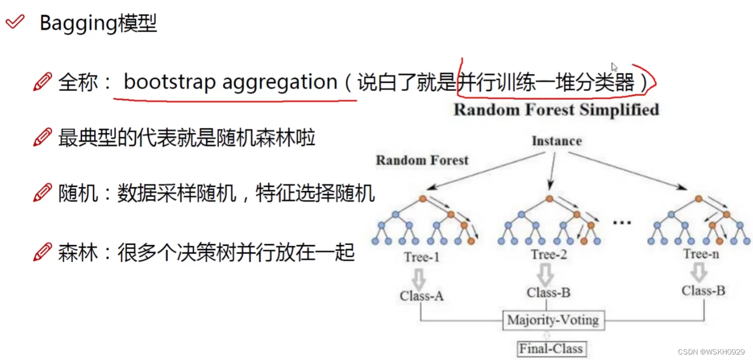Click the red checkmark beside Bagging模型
point(14,22)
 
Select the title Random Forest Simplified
point(556,109)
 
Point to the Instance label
point(556,141)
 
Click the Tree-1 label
point(422,257)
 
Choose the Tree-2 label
point(549,255)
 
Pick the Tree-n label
point(701,254)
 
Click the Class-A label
point(422,296)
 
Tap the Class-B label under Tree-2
point(548,293)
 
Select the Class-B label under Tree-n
point(703,291)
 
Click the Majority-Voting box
point(553,320)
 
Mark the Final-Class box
point(551,348)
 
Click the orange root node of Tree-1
point(422,198)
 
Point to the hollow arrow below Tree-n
point(699,272)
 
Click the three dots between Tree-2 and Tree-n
point(622,223)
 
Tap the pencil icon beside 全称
point(43,82)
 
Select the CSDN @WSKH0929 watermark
point(711,352)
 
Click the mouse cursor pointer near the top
point(614,67)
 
